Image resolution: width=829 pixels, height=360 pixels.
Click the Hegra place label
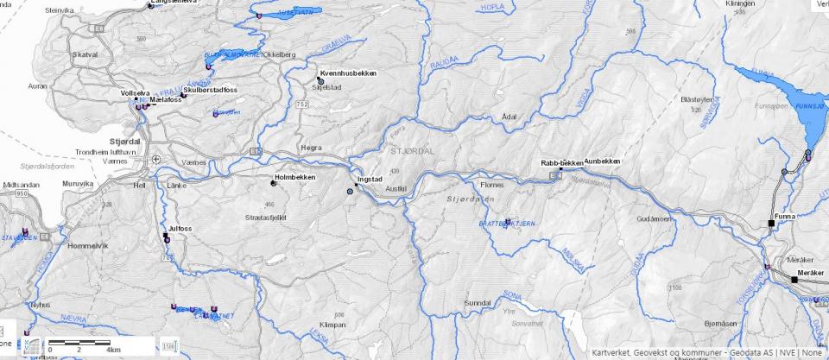(x=310, y=148)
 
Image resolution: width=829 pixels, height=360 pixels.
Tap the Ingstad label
(x=370, y=181)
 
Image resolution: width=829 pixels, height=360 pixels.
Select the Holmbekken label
(x=294, y=177)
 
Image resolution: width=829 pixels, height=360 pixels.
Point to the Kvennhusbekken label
(x=348, y=74)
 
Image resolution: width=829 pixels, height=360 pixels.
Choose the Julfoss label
(x=180, y=229)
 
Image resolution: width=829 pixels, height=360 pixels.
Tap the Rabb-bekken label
(x=562, y=162)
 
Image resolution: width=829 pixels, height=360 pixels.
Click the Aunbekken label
(x=602, y=161)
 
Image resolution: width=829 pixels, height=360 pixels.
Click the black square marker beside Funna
(x=771, y=224)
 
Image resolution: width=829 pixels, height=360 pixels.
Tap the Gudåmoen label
(x=655, y=219)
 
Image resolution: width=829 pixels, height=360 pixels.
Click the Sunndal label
(x=478, y=304)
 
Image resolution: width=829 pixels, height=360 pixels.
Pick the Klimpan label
(x=332, y=325)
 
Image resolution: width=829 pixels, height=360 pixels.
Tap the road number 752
(x=301, y=104)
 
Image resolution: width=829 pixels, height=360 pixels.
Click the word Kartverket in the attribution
(x=614, y=352)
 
